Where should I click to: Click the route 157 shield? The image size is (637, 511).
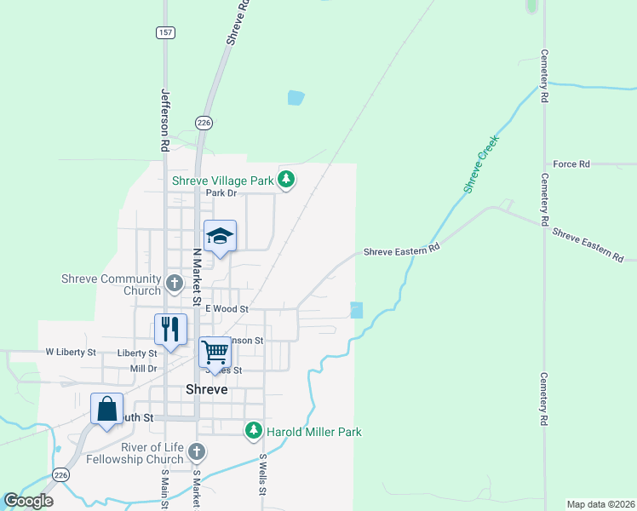[165, 32]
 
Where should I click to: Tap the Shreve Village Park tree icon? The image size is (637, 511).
[288, 179]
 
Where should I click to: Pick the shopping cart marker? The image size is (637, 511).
[215, 351]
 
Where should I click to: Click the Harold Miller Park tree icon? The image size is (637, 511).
[253, 431]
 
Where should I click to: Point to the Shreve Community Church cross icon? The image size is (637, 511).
[175, 283]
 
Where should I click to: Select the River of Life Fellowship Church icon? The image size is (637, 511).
[197, 451]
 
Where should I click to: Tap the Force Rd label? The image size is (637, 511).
[571, 164]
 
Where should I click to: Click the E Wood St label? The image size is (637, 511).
[227, 309]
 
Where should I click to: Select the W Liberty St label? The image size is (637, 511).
[68, 351]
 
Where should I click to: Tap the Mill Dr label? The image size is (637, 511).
[143, 369]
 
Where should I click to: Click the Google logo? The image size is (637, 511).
[29, 501]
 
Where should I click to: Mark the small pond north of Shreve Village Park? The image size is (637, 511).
[296, 97]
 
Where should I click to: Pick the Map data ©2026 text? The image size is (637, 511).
[600, 503]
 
